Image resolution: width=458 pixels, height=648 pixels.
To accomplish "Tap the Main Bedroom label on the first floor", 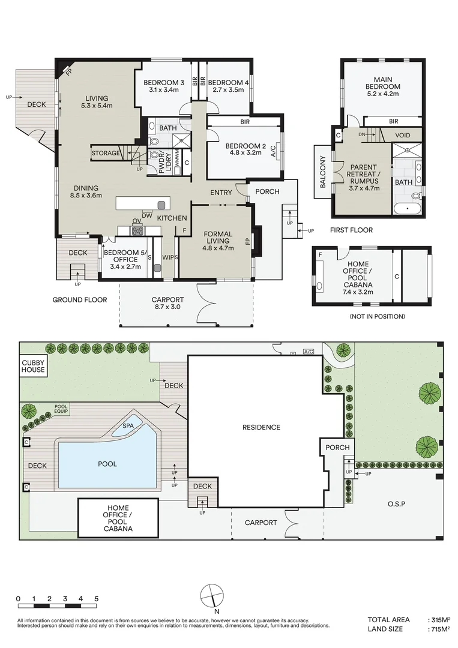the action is (383, 86).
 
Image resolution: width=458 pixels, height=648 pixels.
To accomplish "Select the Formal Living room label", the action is (218, 241).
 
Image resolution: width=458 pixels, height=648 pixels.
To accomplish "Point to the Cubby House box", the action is (33, 366).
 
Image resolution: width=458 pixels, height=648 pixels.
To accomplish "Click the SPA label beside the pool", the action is (128, 426).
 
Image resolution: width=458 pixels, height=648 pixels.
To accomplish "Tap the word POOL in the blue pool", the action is (107, 464).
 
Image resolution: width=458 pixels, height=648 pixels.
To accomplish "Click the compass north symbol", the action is (212, 596).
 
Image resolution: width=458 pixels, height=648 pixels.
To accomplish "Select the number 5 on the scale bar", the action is (96, 599).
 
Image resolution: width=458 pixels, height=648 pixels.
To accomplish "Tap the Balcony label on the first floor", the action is (323, 172).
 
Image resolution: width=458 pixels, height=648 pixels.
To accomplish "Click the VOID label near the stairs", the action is (403, 135).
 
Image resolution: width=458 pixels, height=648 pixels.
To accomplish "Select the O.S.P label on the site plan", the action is (396, 504).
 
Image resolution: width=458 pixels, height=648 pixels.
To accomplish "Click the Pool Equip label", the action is (61, 409).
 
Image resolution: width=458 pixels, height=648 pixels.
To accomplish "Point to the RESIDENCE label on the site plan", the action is (261, 427).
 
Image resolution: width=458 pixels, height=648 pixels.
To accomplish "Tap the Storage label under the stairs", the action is (106, 154).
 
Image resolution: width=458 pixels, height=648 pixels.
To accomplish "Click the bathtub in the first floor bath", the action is (408, 208).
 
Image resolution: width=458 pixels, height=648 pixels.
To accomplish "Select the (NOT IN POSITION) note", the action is (378, 317).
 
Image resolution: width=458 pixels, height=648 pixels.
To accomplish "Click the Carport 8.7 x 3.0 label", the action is (167, 304).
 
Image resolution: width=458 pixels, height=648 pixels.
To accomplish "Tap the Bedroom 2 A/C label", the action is (273, 149).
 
